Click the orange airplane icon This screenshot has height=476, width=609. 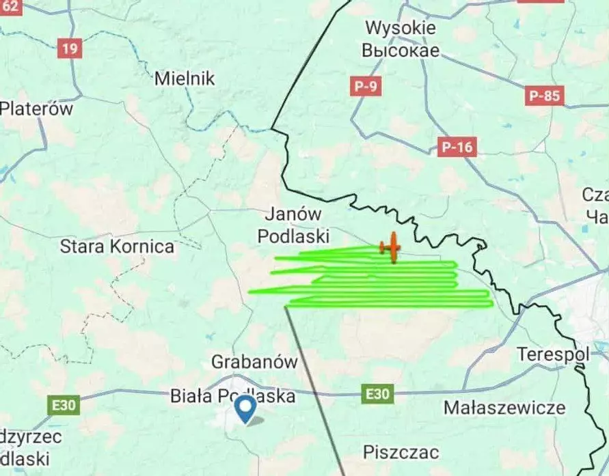click(391, 247)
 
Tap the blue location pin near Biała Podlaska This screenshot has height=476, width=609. click(245, 409)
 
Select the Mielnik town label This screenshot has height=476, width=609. click(185, 79)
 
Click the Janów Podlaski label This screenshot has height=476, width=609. click(293, 225)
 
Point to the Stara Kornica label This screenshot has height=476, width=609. click(117, 247)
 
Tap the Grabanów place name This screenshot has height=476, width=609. click(254, 361)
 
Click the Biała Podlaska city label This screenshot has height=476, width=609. click(232, 396)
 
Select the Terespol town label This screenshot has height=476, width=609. click(553, 354)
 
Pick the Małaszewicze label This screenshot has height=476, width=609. click(504, 408)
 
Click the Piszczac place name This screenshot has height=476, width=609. click(401, 452)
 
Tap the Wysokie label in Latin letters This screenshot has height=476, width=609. click(400, 29)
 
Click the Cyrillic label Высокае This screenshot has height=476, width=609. click(401, 51)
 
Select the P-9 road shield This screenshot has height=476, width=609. click(367, 87)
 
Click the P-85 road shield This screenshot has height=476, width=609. click(545, 96)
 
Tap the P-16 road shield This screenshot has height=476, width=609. click(457, 146)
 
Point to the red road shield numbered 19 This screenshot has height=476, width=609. click(68, 48)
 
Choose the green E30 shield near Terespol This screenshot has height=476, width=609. click(377, 393)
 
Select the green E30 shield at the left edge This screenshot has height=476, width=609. click(64, 405)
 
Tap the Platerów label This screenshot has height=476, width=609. click(36, 108)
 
